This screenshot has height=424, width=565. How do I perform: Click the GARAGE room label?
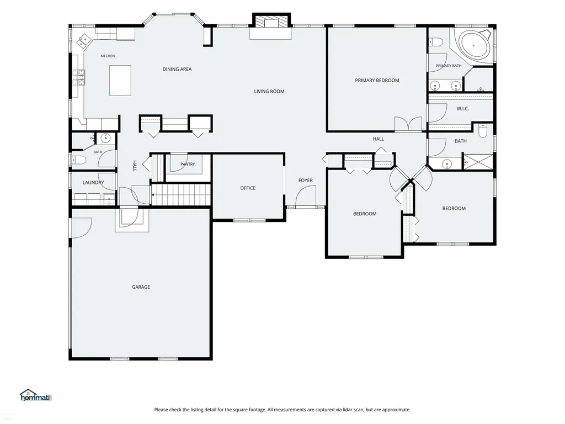click(141, 287)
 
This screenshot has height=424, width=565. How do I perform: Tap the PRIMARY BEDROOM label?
click(377, 81)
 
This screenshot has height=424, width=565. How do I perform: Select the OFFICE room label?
click(248, 188)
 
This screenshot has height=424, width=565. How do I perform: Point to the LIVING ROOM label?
click(269, 92)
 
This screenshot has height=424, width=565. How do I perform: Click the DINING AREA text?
click(177, 69)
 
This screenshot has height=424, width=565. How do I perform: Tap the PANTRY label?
click(188, 164)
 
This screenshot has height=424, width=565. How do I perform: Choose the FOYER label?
click(306, 181)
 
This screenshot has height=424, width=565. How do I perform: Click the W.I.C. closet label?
click(463, 109)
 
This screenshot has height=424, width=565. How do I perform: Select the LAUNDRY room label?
click(93, 182)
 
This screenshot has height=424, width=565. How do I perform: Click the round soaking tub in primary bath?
click(472, 47)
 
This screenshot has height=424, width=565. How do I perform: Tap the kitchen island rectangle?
click(120, 81)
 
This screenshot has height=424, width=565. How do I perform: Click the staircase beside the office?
click(180, 195)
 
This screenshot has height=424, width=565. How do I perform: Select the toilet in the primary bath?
click(435, 43)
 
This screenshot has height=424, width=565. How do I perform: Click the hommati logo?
click(36, 395)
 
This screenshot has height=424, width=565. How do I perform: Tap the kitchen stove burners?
click(79, 77)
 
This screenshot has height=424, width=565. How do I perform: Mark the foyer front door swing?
click(306, 197)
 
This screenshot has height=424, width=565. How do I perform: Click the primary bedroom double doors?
click(408, 124)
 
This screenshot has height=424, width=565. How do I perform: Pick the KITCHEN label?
click(108, 56)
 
